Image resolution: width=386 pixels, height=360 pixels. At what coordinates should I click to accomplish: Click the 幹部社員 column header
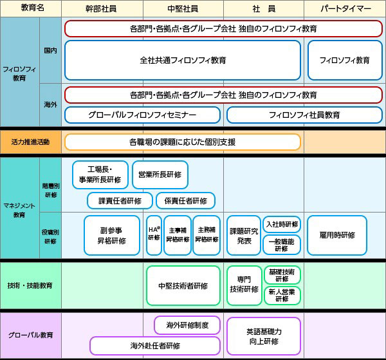[102, 8]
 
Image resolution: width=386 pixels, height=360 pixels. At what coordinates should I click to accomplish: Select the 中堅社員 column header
[183, 8]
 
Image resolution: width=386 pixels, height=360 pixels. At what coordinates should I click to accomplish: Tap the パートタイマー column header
[345, 8]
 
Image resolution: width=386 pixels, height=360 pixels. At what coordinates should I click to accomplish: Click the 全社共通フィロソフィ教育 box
[183, 60]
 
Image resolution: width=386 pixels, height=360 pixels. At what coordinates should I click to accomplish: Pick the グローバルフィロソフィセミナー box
[142, 115]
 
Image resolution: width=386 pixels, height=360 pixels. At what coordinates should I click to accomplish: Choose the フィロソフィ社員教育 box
[304, 115]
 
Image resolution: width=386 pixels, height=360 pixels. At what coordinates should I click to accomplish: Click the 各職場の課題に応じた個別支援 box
[182, 142]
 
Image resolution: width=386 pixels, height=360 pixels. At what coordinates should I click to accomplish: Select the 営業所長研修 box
[160, 174]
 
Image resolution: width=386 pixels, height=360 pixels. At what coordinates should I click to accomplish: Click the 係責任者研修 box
[185, 200]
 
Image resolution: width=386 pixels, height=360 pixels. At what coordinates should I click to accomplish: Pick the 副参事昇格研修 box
[112, 235]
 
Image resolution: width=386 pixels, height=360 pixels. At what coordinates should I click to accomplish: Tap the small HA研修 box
[154, 235]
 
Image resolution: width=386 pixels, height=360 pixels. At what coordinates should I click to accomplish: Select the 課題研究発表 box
[244, 235]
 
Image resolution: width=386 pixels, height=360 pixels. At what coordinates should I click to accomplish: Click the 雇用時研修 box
[336, 235]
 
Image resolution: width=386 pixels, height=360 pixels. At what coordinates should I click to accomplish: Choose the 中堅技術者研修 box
[183, 285]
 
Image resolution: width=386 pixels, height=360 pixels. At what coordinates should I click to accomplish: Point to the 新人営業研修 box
[282, 295]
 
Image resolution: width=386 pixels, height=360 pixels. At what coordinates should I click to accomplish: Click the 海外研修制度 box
[187, 325]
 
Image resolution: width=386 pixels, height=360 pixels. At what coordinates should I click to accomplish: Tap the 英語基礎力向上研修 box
[263, 336]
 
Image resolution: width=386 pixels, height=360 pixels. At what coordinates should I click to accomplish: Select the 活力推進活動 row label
[31, 142]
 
